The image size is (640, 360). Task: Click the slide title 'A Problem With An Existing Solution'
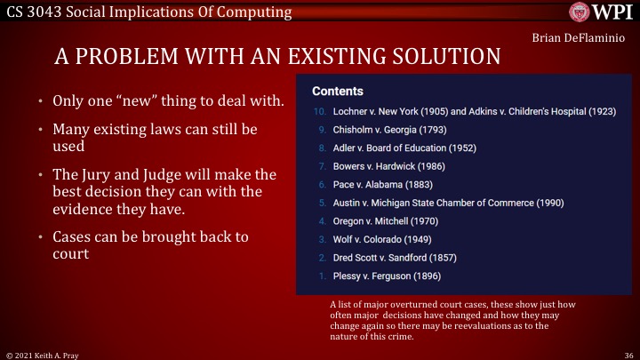pyautogui.click(x=277, y=57)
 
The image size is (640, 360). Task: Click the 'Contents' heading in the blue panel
pyautogui.click(x=337, y=92)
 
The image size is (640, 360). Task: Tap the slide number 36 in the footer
pyautogui.click(x=628, y=354)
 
